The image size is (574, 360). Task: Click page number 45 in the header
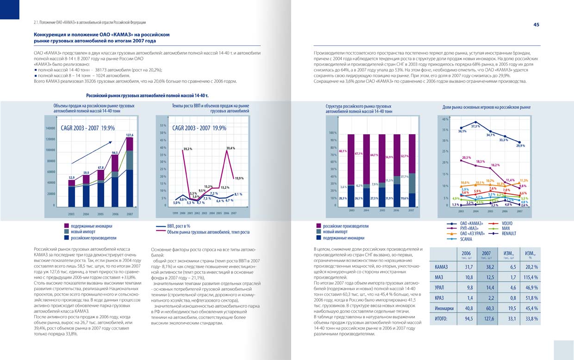click(x=536, y=25)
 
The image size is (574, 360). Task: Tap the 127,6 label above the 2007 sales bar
click(x=130, y=135)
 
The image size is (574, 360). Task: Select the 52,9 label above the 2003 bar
click(x=72, y=177)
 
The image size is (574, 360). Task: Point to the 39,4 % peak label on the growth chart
click(x=231, y=148)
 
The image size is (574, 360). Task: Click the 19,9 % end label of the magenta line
click(x=239, y=178)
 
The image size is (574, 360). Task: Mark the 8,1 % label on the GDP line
click(x=239, y=194)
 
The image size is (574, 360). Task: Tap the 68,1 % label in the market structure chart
click(x=343, y=151)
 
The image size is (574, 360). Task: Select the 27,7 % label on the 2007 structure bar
click(x=404, y=176)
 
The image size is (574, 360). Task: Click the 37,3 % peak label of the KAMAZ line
click(x=475, y=126)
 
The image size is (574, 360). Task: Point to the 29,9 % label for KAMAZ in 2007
click(x=520, y=146)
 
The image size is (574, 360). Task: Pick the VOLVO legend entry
click(x=507, y=223)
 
